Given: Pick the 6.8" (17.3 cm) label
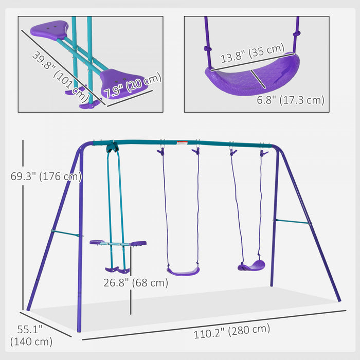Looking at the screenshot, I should pos(291,100).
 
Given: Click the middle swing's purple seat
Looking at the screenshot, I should pos(183,271).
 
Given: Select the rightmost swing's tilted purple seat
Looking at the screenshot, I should pos(251,266).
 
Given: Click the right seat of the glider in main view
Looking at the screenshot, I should pos(137,243).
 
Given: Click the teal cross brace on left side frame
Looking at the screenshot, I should pos(66,233).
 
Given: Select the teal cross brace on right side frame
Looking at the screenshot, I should pos(292,222).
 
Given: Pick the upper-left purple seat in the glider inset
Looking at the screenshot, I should pos(50,30).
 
